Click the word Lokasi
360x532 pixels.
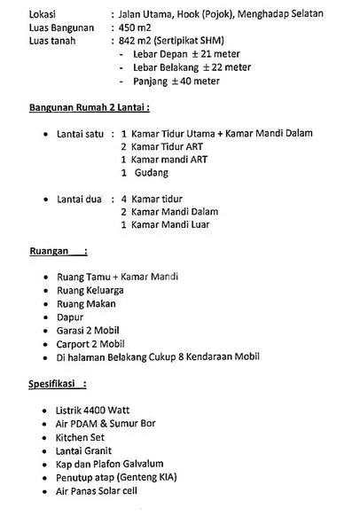tap(19, 15)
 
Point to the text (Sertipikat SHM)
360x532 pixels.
tap(189, 41)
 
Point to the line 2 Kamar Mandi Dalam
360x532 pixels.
tap(168, 212)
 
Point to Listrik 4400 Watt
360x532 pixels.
tap(90, 411)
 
